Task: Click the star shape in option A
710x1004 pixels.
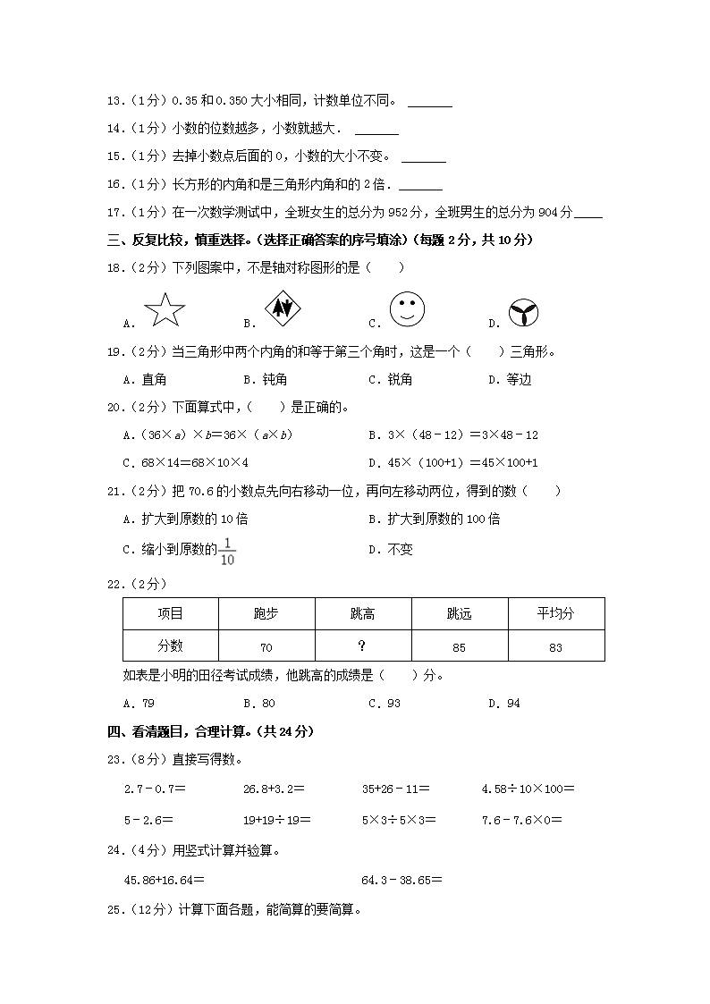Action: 164,310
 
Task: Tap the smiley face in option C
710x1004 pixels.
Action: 407,309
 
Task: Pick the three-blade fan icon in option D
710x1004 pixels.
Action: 523,313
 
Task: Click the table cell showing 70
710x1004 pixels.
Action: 266,646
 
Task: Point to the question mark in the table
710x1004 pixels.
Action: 362,645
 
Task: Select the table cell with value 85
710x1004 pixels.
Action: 459,646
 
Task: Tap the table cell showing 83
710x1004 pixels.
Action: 555,646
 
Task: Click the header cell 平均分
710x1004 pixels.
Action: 555,613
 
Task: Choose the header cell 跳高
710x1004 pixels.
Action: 362,613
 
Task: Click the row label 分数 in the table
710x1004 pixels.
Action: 170,645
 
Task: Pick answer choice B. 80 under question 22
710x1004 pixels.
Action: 259,703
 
